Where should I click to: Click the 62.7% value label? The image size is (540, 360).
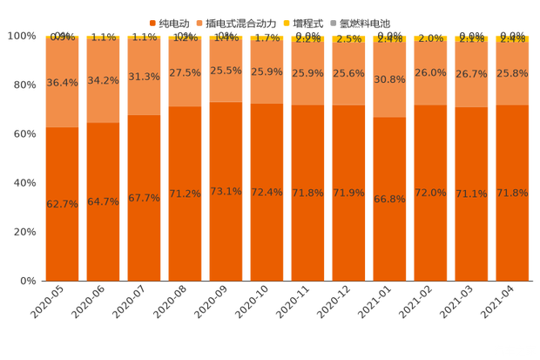(62, 204)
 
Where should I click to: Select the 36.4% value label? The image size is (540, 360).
(62, 83)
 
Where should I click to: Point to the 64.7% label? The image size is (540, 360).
(104, 201)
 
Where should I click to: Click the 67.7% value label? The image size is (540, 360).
(145, 198)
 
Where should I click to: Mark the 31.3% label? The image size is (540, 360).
(145, 77)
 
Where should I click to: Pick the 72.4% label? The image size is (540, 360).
(267, 192)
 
